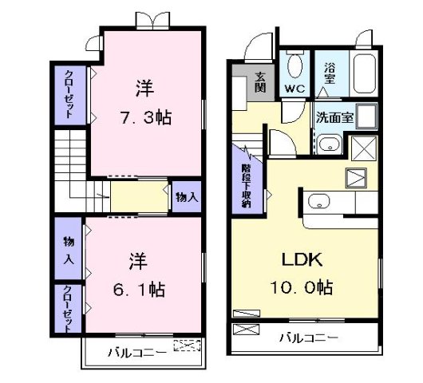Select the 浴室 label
coord(330,74)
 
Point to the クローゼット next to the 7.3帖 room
coord(69,94)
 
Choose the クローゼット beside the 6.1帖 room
coord(68,310)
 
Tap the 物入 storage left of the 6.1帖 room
coord(68,249)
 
